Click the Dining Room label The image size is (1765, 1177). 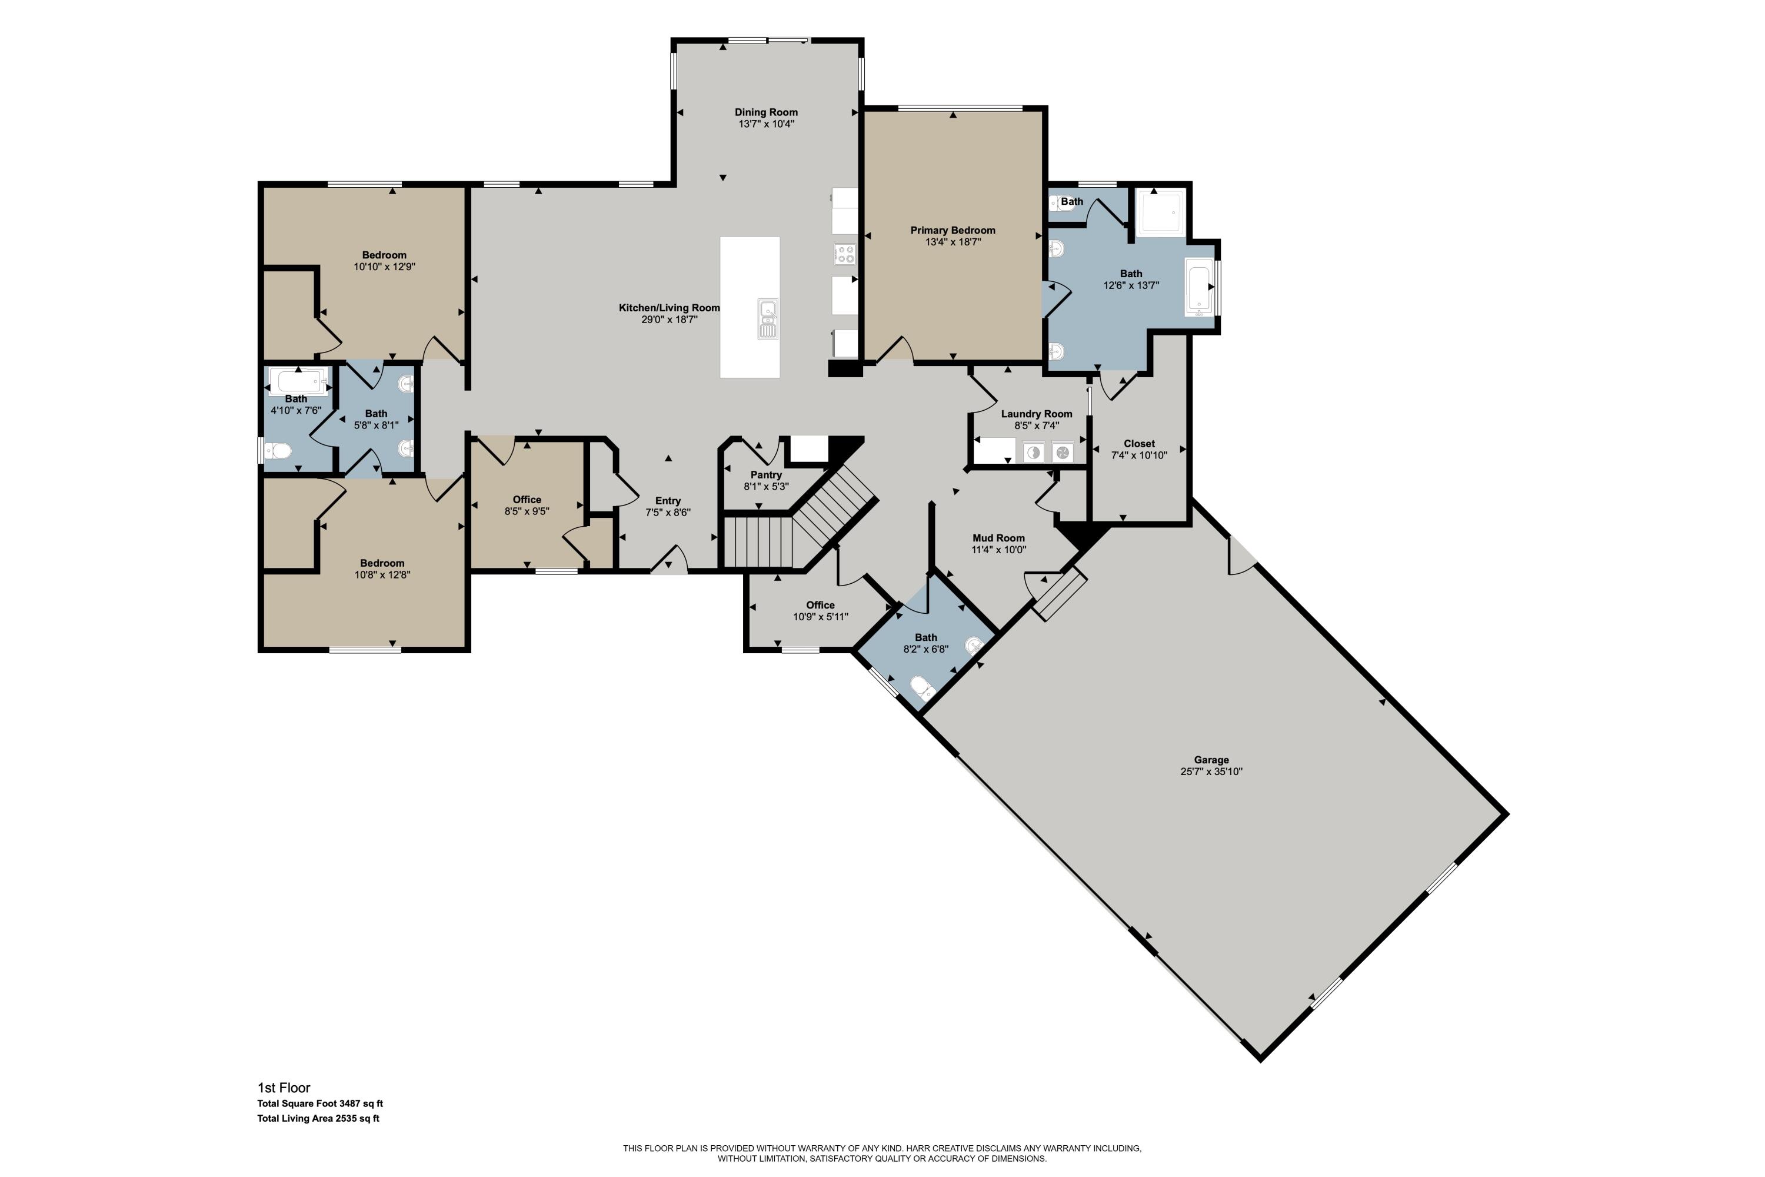pos(766,112)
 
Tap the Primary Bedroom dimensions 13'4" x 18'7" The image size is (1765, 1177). pos(953,242)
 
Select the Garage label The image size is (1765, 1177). pos(1211,760)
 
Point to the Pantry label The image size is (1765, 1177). pos(766,475)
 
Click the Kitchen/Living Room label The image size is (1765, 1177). pos(670,308)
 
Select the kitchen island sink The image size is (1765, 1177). pos(768,319)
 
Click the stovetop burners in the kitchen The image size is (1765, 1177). pos(845,254)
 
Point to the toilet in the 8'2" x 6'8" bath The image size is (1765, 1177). pos(923,687)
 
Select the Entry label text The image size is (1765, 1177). pos(668,501)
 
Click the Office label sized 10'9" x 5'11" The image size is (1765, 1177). pos(820,605)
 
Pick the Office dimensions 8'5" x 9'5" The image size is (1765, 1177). pos(527,512)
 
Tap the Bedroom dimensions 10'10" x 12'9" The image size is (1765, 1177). pos(384,267)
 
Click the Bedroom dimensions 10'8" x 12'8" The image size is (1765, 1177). pos(383,576)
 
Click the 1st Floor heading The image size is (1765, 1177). pos(284,1088)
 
